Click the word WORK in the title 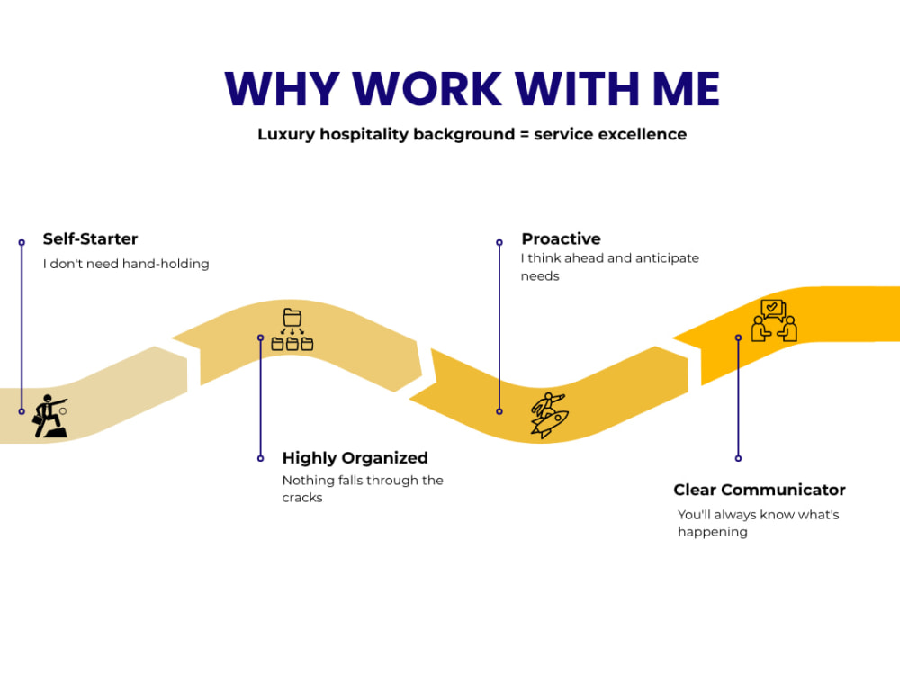427,89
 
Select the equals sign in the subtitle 524,134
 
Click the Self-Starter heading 90,238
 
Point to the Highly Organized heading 355,458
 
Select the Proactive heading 561,238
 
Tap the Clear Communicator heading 760,490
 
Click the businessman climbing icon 50,416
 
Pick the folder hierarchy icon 292,329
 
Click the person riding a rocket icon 549,416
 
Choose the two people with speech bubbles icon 774,321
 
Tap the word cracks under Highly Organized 301,498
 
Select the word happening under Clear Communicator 712,532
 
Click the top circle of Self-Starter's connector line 22,243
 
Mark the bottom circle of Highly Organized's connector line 261,458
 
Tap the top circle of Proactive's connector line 499,243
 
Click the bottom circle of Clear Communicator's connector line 738,458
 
